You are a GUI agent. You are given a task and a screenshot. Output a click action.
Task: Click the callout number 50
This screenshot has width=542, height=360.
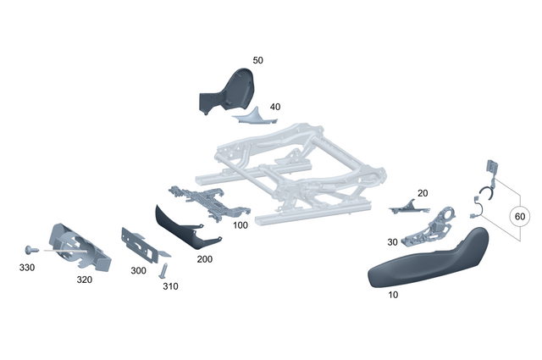[x=258, y=61]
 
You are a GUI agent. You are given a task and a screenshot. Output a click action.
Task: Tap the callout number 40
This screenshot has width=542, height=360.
[x=275, y=108]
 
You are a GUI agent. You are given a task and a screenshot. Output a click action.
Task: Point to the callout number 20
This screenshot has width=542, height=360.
[x=423, y=193]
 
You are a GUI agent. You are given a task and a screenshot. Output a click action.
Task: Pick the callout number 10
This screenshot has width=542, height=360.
[x=392, y=295]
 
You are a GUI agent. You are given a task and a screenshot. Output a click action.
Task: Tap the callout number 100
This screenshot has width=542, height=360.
[x=241, y=225]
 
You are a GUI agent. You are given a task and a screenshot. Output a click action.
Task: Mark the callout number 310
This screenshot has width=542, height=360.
[x=171, y=286]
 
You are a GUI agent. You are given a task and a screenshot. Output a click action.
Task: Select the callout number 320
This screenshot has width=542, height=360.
[x=84, y=279]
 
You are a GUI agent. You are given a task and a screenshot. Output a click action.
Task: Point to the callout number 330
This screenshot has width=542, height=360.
[x=28, y=267]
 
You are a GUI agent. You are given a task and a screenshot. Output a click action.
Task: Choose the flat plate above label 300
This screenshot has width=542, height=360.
[x=141, y=245]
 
